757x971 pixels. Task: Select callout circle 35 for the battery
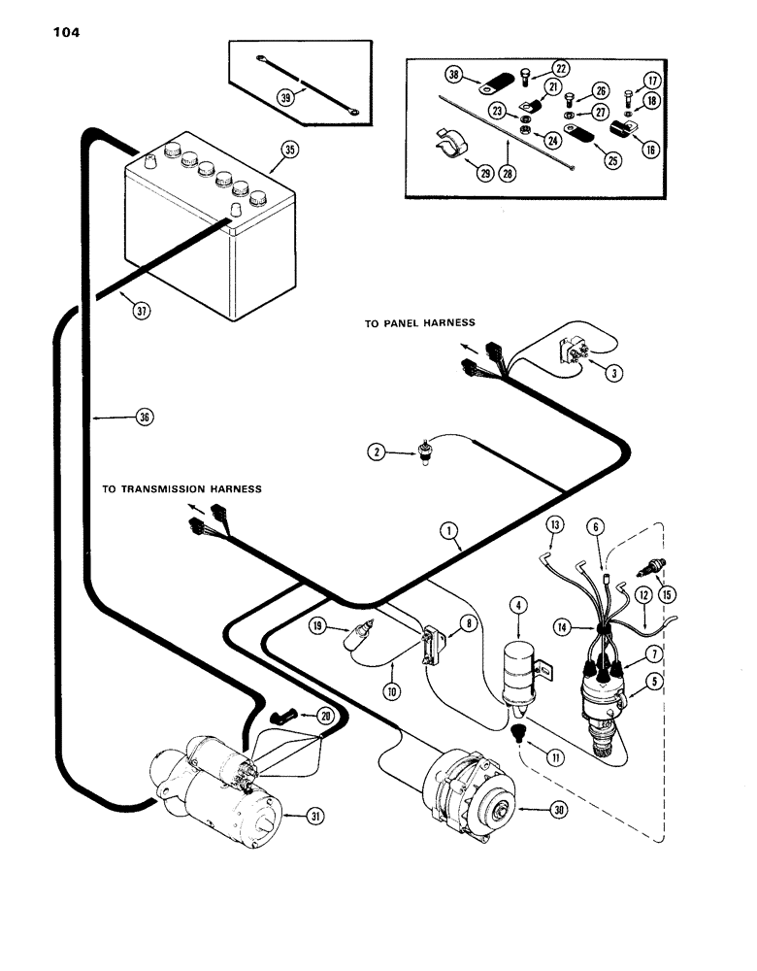tap(287, 150)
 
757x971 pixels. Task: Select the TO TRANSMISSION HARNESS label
tap(181, 489)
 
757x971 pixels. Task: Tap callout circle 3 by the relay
tap(610, 373)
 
